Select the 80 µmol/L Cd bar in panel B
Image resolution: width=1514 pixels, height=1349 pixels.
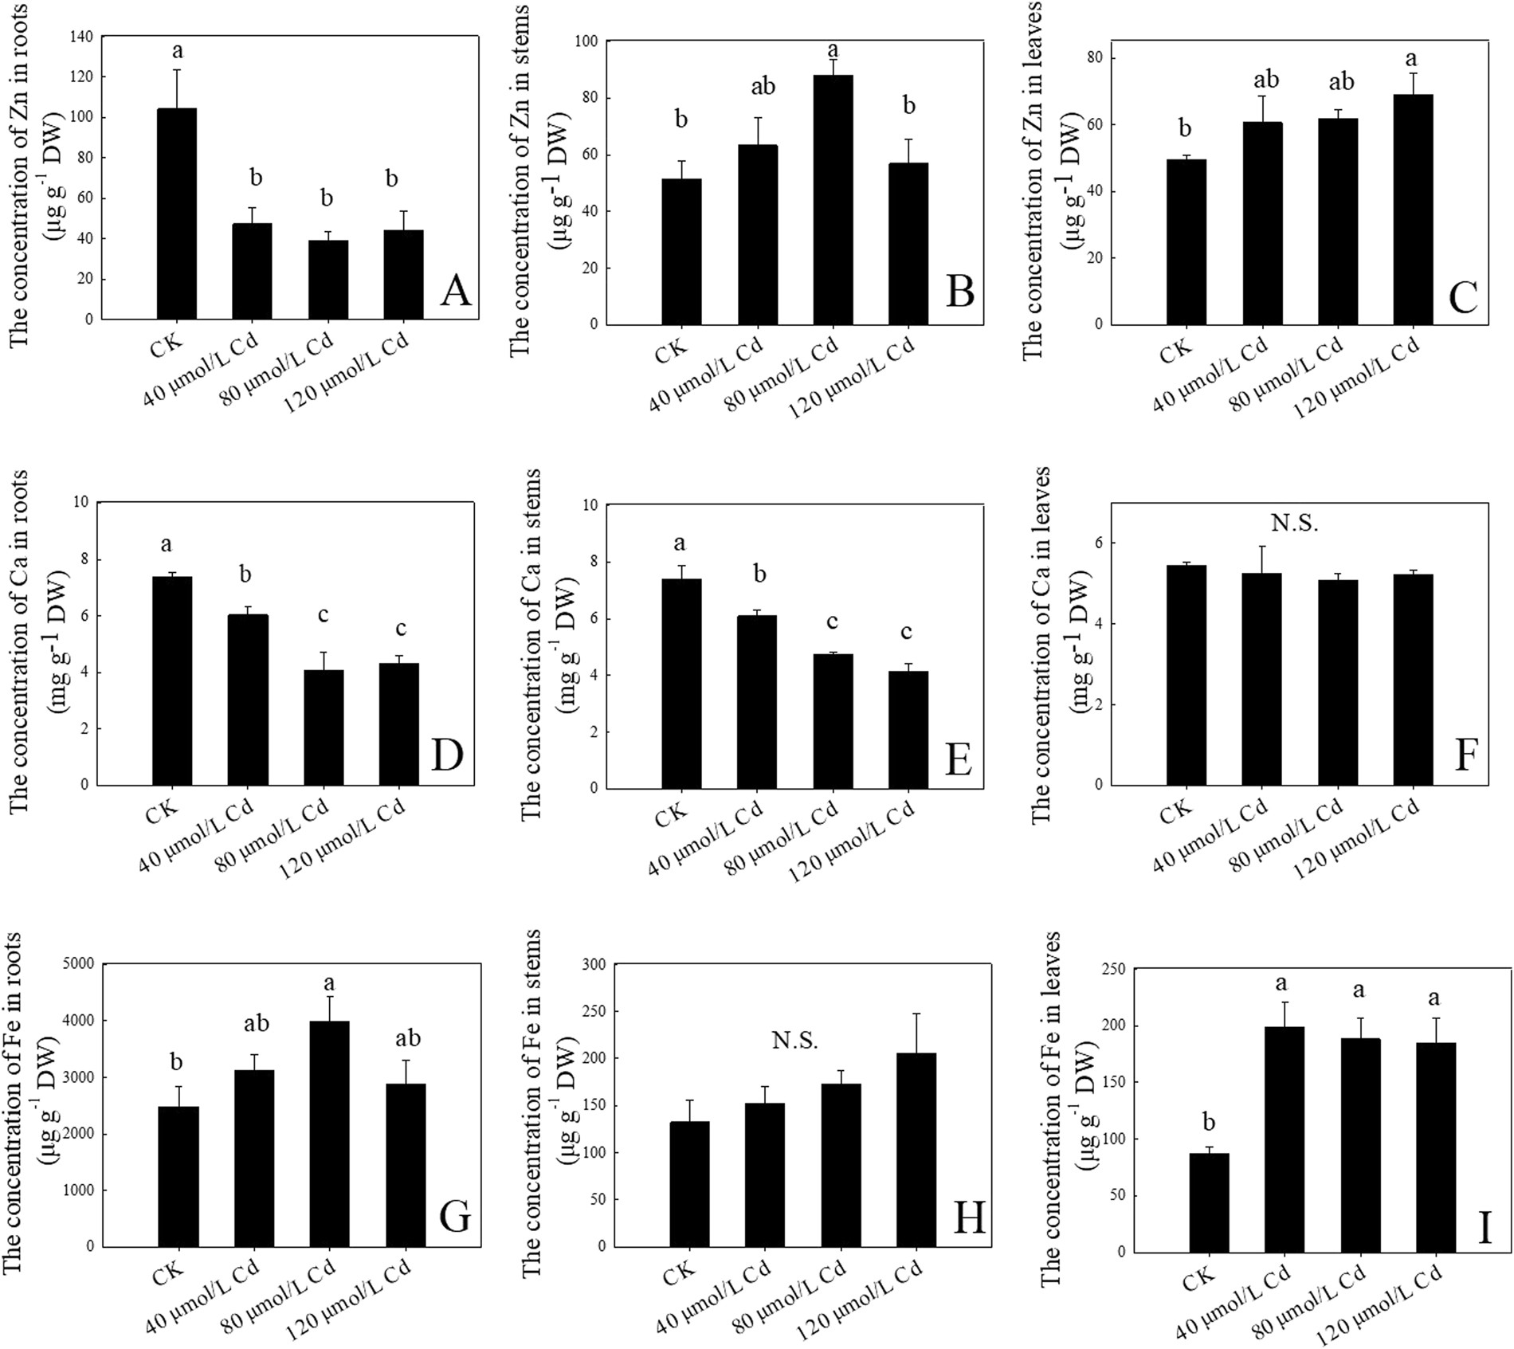click(833, 199)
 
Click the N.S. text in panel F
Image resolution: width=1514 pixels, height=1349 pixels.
click(1294, 524)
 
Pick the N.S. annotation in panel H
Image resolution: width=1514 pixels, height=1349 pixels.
click(794, 1040)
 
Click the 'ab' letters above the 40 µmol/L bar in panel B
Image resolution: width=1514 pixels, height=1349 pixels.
click(763, 86)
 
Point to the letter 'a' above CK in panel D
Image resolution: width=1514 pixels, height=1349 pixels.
click(166, 545)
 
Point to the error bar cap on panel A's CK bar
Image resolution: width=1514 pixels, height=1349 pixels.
click(177, 70)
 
